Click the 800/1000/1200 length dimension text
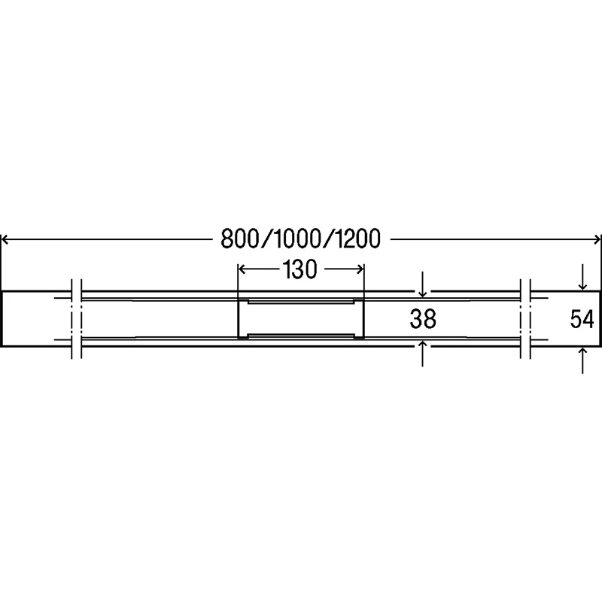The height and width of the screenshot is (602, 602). click(300, 239)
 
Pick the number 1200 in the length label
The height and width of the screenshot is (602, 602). click(357, 239)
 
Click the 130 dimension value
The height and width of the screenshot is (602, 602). click(300, 269)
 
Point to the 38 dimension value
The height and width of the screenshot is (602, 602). click(423, 319)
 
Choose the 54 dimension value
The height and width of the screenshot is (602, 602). click(582, 319)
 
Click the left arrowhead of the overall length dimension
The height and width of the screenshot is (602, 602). click(5, 240)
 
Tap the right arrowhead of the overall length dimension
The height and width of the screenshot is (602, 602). click(597, 240)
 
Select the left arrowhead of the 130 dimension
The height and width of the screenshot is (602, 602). click(242, 269)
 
